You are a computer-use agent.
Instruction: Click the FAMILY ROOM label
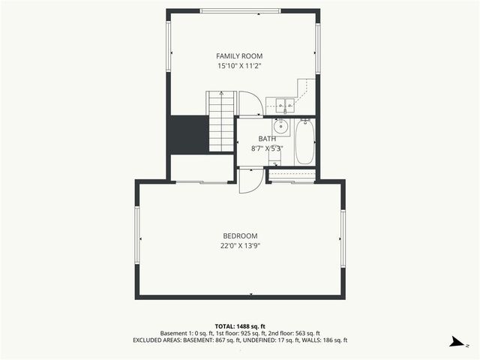coord(239,56)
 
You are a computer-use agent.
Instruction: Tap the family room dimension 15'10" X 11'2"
coord(239,66)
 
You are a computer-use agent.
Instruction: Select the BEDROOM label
coord(239,235)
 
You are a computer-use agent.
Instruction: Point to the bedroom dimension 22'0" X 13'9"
coord(239,245)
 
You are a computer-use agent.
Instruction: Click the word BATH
coord(267,139)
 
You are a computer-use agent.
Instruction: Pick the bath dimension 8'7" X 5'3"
coord(267,148)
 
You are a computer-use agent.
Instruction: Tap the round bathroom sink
coord(283,124)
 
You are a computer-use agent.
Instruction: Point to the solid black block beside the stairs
coord(187,134)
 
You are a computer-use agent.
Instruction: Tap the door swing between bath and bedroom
coord(250,182)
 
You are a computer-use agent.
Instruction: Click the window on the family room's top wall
coord(240,10)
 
